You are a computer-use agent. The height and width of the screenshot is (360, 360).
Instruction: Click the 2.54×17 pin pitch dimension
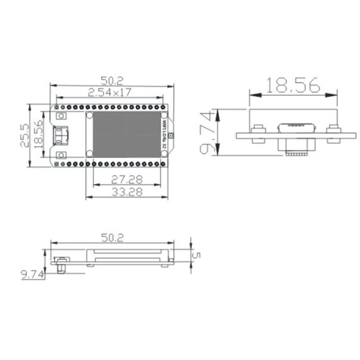click(109, 92)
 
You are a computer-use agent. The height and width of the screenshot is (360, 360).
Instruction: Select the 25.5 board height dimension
click(25, 135)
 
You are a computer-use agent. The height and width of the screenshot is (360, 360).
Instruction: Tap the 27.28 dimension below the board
click(127, 180)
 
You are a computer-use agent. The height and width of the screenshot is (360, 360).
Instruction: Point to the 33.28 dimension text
click(127, 192)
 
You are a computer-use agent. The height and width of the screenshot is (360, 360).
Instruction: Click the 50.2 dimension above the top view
click(112, 81)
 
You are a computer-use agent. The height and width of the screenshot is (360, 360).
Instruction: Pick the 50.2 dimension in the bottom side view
click(112, 238)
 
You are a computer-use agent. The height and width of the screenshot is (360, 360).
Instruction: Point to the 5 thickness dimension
click(197, 255)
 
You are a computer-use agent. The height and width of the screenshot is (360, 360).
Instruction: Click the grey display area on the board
click(127, 134)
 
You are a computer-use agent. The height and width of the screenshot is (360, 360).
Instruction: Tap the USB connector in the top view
click(60, 135)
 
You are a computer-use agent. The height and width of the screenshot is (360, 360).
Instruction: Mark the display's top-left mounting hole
click(90, 115)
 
